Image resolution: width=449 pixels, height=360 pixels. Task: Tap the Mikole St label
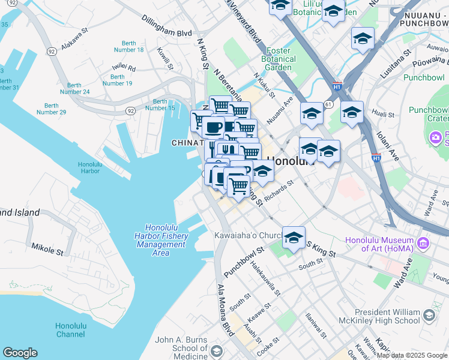click(47, 247)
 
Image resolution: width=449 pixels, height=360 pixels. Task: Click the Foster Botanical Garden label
click(279, 59)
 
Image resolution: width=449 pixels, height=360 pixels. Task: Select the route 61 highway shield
click(328, 104)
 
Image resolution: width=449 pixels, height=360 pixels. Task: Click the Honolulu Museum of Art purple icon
click(423, 242)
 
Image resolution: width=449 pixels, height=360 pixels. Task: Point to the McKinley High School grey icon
click(429, 314)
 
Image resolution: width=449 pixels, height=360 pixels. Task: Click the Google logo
click(20, 353)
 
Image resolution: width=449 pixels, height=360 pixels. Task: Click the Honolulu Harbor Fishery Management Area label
click(160, 240)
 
